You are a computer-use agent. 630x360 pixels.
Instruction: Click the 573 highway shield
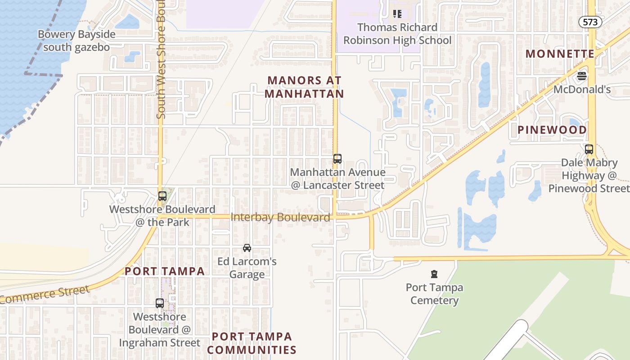tap(590, 22)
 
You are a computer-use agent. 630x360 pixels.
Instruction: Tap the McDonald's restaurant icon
tap(582, 76)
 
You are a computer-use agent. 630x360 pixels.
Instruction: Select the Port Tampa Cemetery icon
tap(434, 274)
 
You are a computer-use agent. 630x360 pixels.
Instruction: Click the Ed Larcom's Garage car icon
tap(247, 248)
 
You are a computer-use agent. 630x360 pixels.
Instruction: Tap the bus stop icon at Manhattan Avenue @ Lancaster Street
tap(337, 158)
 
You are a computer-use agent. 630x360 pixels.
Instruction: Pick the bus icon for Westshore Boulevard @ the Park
tap(162, 196)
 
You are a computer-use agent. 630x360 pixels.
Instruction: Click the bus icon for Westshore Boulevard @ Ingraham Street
tap(160, 303)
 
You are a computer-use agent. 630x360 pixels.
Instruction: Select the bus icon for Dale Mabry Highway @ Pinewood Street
tap(589, 149)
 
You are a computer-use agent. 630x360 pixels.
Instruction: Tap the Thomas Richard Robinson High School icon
tap(397, 14)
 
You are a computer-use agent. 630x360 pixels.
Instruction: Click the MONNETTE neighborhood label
tap(560, 54)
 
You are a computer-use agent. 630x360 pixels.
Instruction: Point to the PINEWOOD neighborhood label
tap(552, 130)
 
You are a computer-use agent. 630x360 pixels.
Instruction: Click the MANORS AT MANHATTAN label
tap(305, 87)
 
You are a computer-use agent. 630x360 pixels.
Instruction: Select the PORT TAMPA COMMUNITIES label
tap(252, 343)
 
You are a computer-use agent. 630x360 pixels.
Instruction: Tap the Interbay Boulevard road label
tap(280, 217)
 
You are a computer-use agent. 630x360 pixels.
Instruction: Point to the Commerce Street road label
tap(45, 295)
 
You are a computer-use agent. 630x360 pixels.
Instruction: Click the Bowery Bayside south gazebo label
tap(76, 40)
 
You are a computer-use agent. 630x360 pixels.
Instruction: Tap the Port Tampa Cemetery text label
tap(434, 293)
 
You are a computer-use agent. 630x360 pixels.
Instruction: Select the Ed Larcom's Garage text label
tap(247, 268)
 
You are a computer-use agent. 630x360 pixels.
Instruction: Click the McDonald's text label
tap(582, 90)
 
